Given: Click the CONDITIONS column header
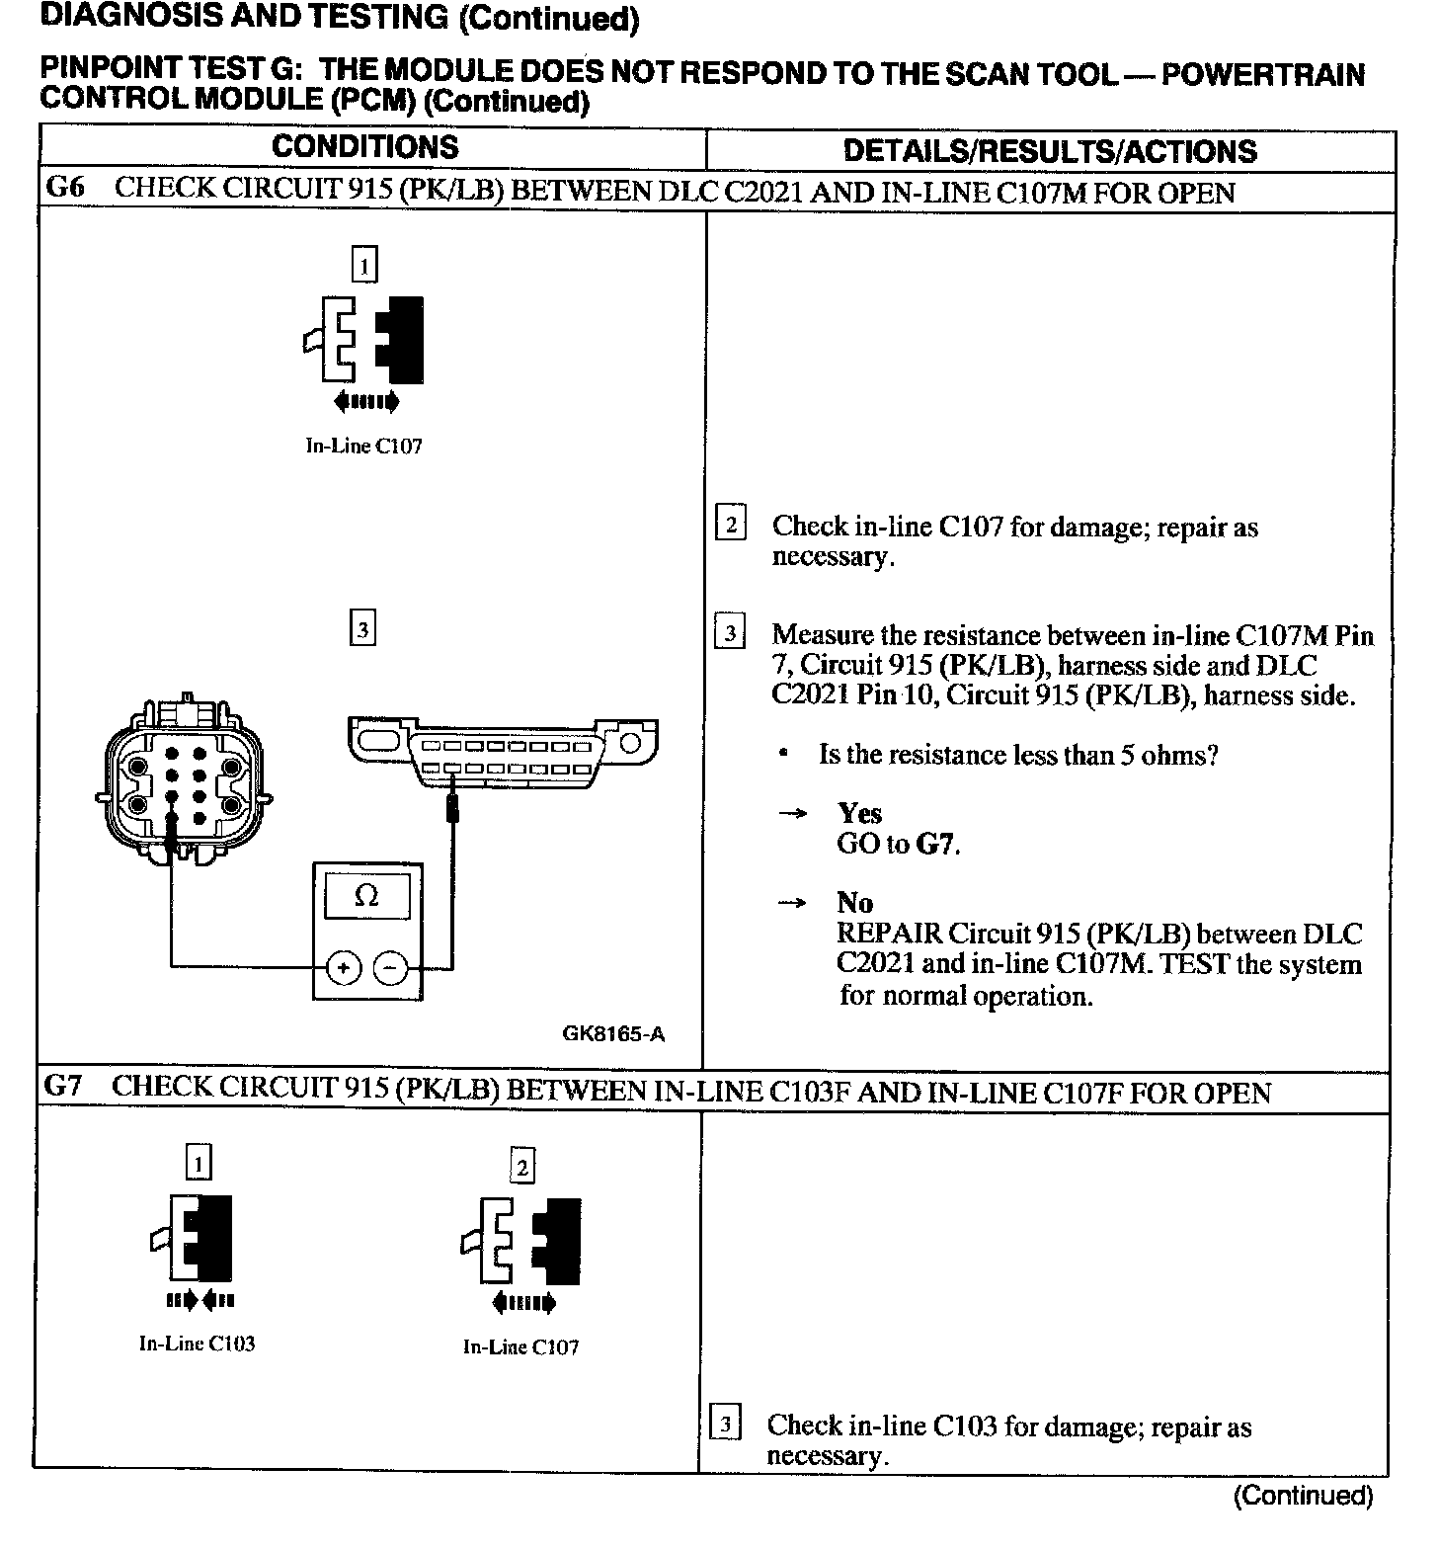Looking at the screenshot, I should pyautogui.click(x=364, y=148).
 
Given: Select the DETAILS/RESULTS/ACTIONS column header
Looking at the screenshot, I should pyautogui.click(x=1050, y=151).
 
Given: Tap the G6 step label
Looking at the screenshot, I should pyautogui.click(x=66, y=188).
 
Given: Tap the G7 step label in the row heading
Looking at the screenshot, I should pyautogui.click(x=63, y=1087).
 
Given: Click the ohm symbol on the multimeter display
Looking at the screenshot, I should pyautogui.click(x=365, y=896).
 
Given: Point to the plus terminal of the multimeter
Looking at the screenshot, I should pyautogui.click(x=343, y=969).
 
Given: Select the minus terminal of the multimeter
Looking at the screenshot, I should pyautogui.click(x=392, y=969).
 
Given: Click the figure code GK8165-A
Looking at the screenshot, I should pyautogui.click(x=613, y=1034).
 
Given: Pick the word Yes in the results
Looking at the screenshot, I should pyautogui.click(x=859, y=813).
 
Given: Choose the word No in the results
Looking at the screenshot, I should pyautogui.click(x=854, y=902).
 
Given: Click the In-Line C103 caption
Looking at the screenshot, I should pyautogui.click(x=197, y=1344).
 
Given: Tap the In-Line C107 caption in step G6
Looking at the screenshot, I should pyautogui.click(x=363, y=446).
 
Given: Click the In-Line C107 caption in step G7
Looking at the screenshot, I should pyautogui.click(x=520, y=1347).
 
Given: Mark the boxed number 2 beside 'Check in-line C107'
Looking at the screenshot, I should pyautogui.click(x=730, y=524).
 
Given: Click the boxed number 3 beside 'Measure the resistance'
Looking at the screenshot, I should pyautogui.click(x=729, y=632).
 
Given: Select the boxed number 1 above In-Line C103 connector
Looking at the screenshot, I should pyautogui.click(x=199, y=1163).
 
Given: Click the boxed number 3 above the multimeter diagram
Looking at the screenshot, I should pyautogui.click(x=363, y=628).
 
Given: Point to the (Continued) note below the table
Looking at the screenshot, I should pyautogui.click(x=1303, y=1496).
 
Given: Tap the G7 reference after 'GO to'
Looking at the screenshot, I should pyautogui.click(x=937, y=845).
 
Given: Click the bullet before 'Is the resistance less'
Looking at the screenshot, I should pyautogui.click(x=782, y=755).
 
